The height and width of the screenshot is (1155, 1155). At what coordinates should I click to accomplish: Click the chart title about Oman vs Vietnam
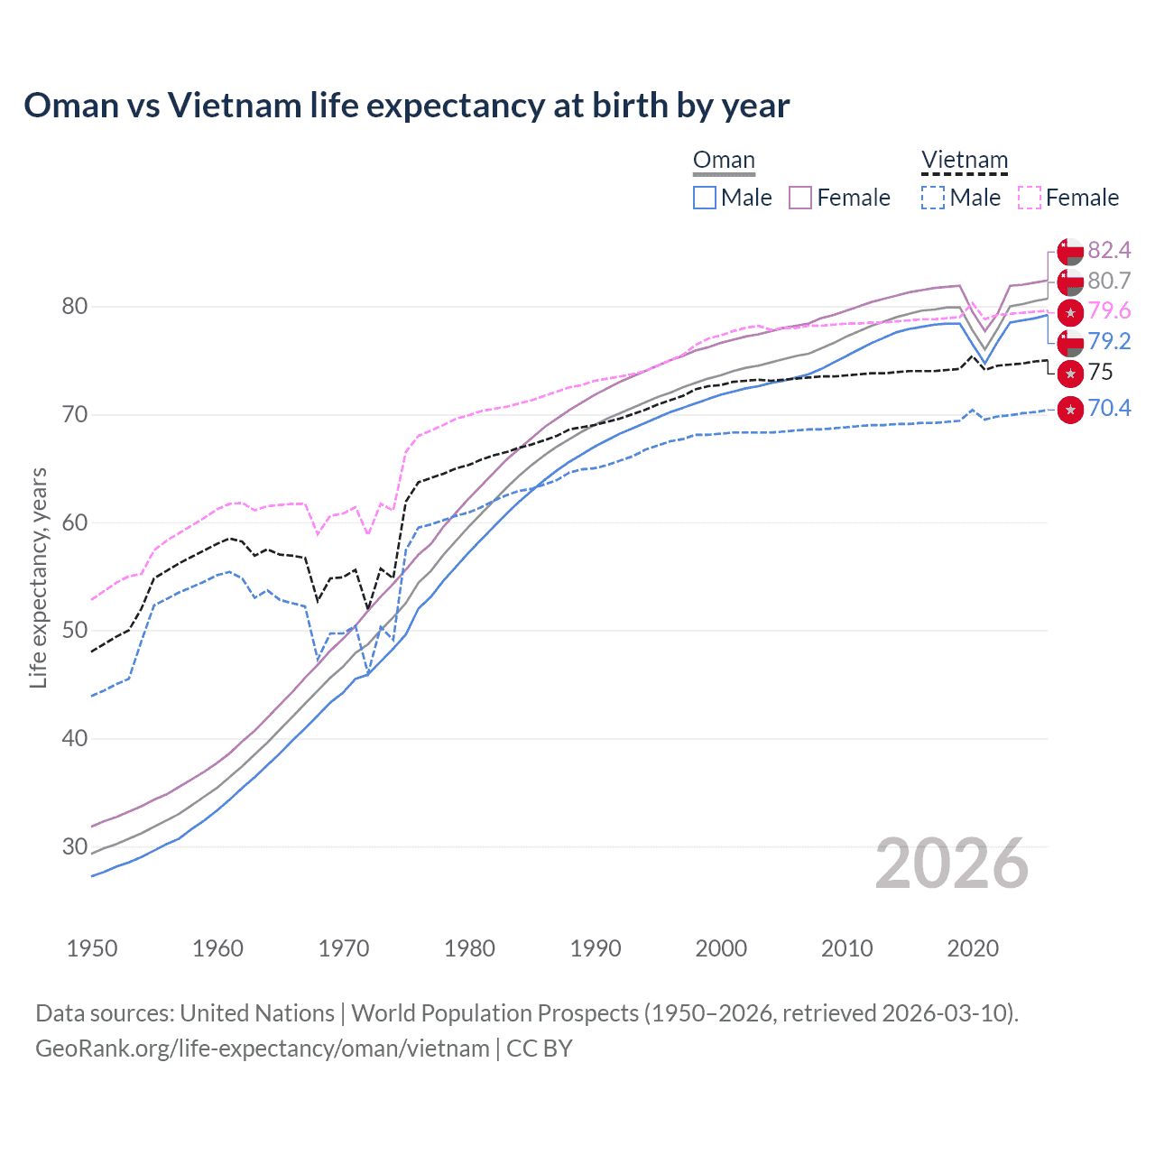coord(406,106)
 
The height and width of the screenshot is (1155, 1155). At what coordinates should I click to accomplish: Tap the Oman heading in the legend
coord(724,161)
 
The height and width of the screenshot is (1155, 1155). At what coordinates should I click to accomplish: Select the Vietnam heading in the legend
coord(964,161)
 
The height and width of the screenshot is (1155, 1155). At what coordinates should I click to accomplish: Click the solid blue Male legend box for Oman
coord(705,198)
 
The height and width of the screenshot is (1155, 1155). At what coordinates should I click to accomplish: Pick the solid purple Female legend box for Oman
coord(800,198)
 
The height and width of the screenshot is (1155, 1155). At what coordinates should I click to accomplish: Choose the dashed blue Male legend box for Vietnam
coord(933,198)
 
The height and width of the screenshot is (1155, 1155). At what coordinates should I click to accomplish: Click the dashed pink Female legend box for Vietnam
coord(1029,198)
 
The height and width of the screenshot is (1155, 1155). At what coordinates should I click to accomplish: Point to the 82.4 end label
coord(1109,250)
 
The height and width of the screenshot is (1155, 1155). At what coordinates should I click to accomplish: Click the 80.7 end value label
coord(1109,282)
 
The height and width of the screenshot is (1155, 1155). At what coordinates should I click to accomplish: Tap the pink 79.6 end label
coord(1109,311)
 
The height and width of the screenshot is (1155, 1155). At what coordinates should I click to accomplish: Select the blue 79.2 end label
coord(1109,341)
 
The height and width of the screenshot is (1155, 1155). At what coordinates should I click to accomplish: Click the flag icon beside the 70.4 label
coord(1070,409)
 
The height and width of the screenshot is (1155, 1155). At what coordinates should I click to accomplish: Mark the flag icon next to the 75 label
coord(1070,373)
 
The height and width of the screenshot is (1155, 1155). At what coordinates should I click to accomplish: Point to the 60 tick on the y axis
coord(74,522)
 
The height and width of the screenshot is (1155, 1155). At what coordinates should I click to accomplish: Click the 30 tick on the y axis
coord(74,846)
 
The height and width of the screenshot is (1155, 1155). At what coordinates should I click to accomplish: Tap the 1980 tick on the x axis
coord(469,948)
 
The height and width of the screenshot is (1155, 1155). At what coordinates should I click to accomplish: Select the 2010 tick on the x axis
coord(846,948)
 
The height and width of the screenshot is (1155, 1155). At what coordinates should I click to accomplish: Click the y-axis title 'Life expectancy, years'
coord(38,577)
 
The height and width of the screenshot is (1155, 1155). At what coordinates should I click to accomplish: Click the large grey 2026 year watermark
coord(952,864)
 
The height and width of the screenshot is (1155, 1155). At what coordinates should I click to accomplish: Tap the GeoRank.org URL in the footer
coord(262,1049)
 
